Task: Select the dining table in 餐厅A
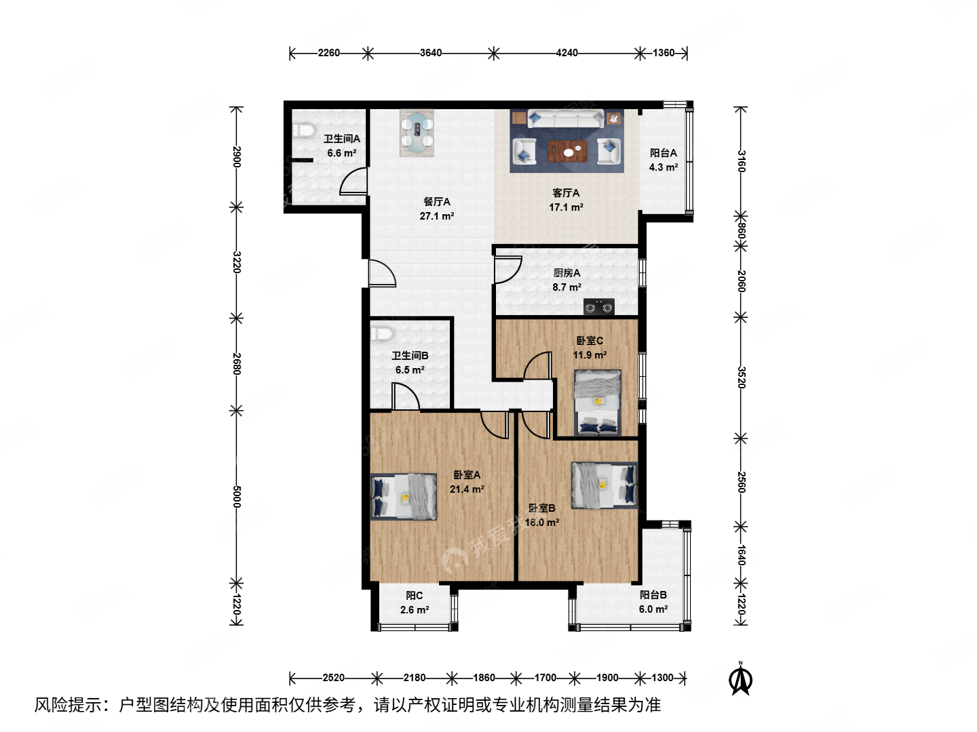click(417, 133)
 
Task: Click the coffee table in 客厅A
click(567, 151)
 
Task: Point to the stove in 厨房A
click(598, 308)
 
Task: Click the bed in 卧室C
click(598, 402)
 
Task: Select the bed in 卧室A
click(404, 497)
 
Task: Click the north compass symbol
click(741, 679)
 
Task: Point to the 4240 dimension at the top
click(567, 53)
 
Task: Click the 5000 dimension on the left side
click(236, 496)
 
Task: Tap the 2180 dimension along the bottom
click(415, 677)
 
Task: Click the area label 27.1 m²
click(436, 216)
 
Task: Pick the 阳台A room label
click(663, 153)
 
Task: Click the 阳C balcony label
click(414, 595)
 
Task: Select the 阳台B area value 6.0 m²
click(653, 609)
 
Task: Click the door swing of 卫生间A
click(353, 182)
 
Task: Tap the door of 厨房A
click(507, 269)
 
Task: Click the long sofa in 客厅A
click(566, 119)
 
